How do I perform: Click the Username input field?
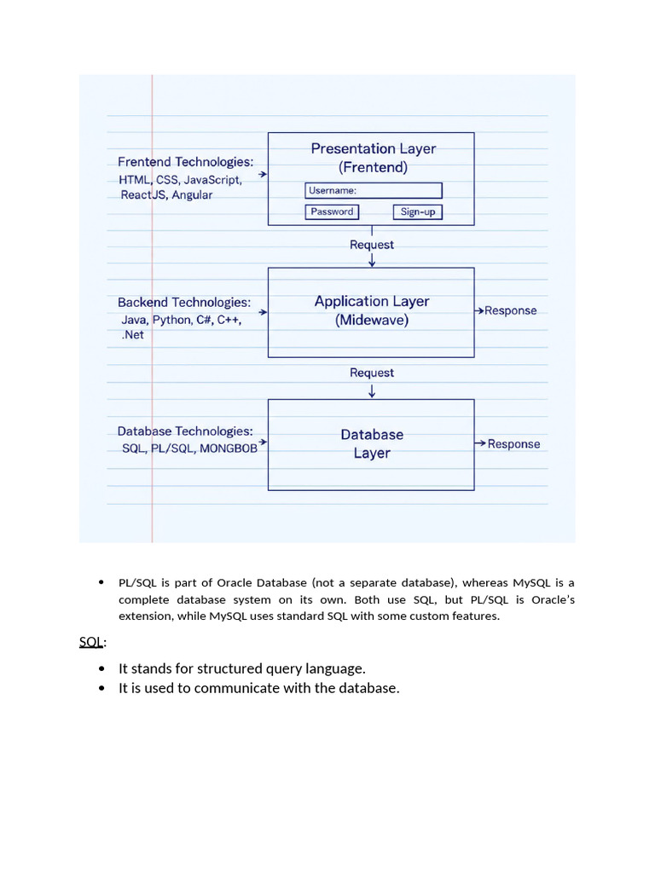(x=374, y=191)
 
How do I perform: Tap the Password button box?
(x=332, y=211)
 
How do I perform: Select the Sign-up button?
(x=418, y=211)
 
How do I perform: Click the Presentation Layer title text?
(x=373, y=149)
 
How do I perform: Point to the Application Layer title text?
(x=372, y=302)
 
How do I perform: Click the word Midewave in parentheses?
(x=372, y=321)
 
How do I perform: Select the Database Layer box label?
(x=372, y=444)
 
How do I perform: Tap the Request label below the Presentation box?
(x=372, y=245)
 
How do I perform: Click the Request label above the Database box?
(x=372, y=373)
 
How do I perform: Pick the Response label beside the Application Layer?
(x=510, y=310)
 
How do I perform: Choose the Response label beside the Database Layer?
(x=513, y=444)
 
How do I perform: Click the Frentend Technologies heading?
(x=185, y=162)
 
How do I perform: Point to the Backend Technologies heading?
(x=184, y=303)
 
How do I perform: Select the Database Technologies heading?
(x=185, y=431)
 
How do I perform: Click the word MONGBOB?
(x=229, y=448)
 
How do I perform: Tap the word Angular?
(x=192, y=195)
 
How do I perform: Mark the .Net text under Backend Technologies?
(x=133, y=336)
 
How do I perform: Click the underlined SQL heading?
(x=91, y=641)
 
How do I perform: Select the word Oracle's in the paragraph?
(x=553, y=599)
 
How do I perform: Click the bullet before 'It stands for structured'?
(x=101, y=668)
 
